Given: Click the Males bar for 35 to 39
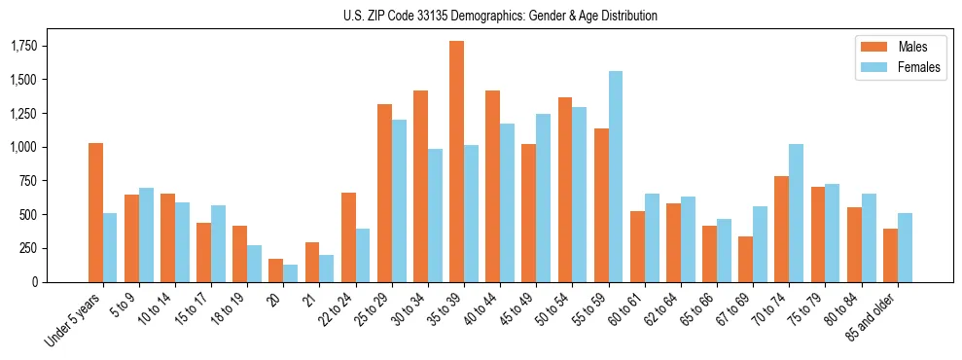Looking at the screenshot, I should (456, 162).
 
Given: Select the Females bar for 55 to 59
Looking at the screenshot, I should (616, 176).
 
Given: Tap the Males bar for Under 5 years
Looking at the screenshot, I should (95, 212).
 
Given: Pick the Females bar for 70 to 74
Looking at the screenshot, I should (796, 213).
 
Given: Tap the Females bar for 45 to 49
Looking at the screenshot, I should (543, 198).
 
